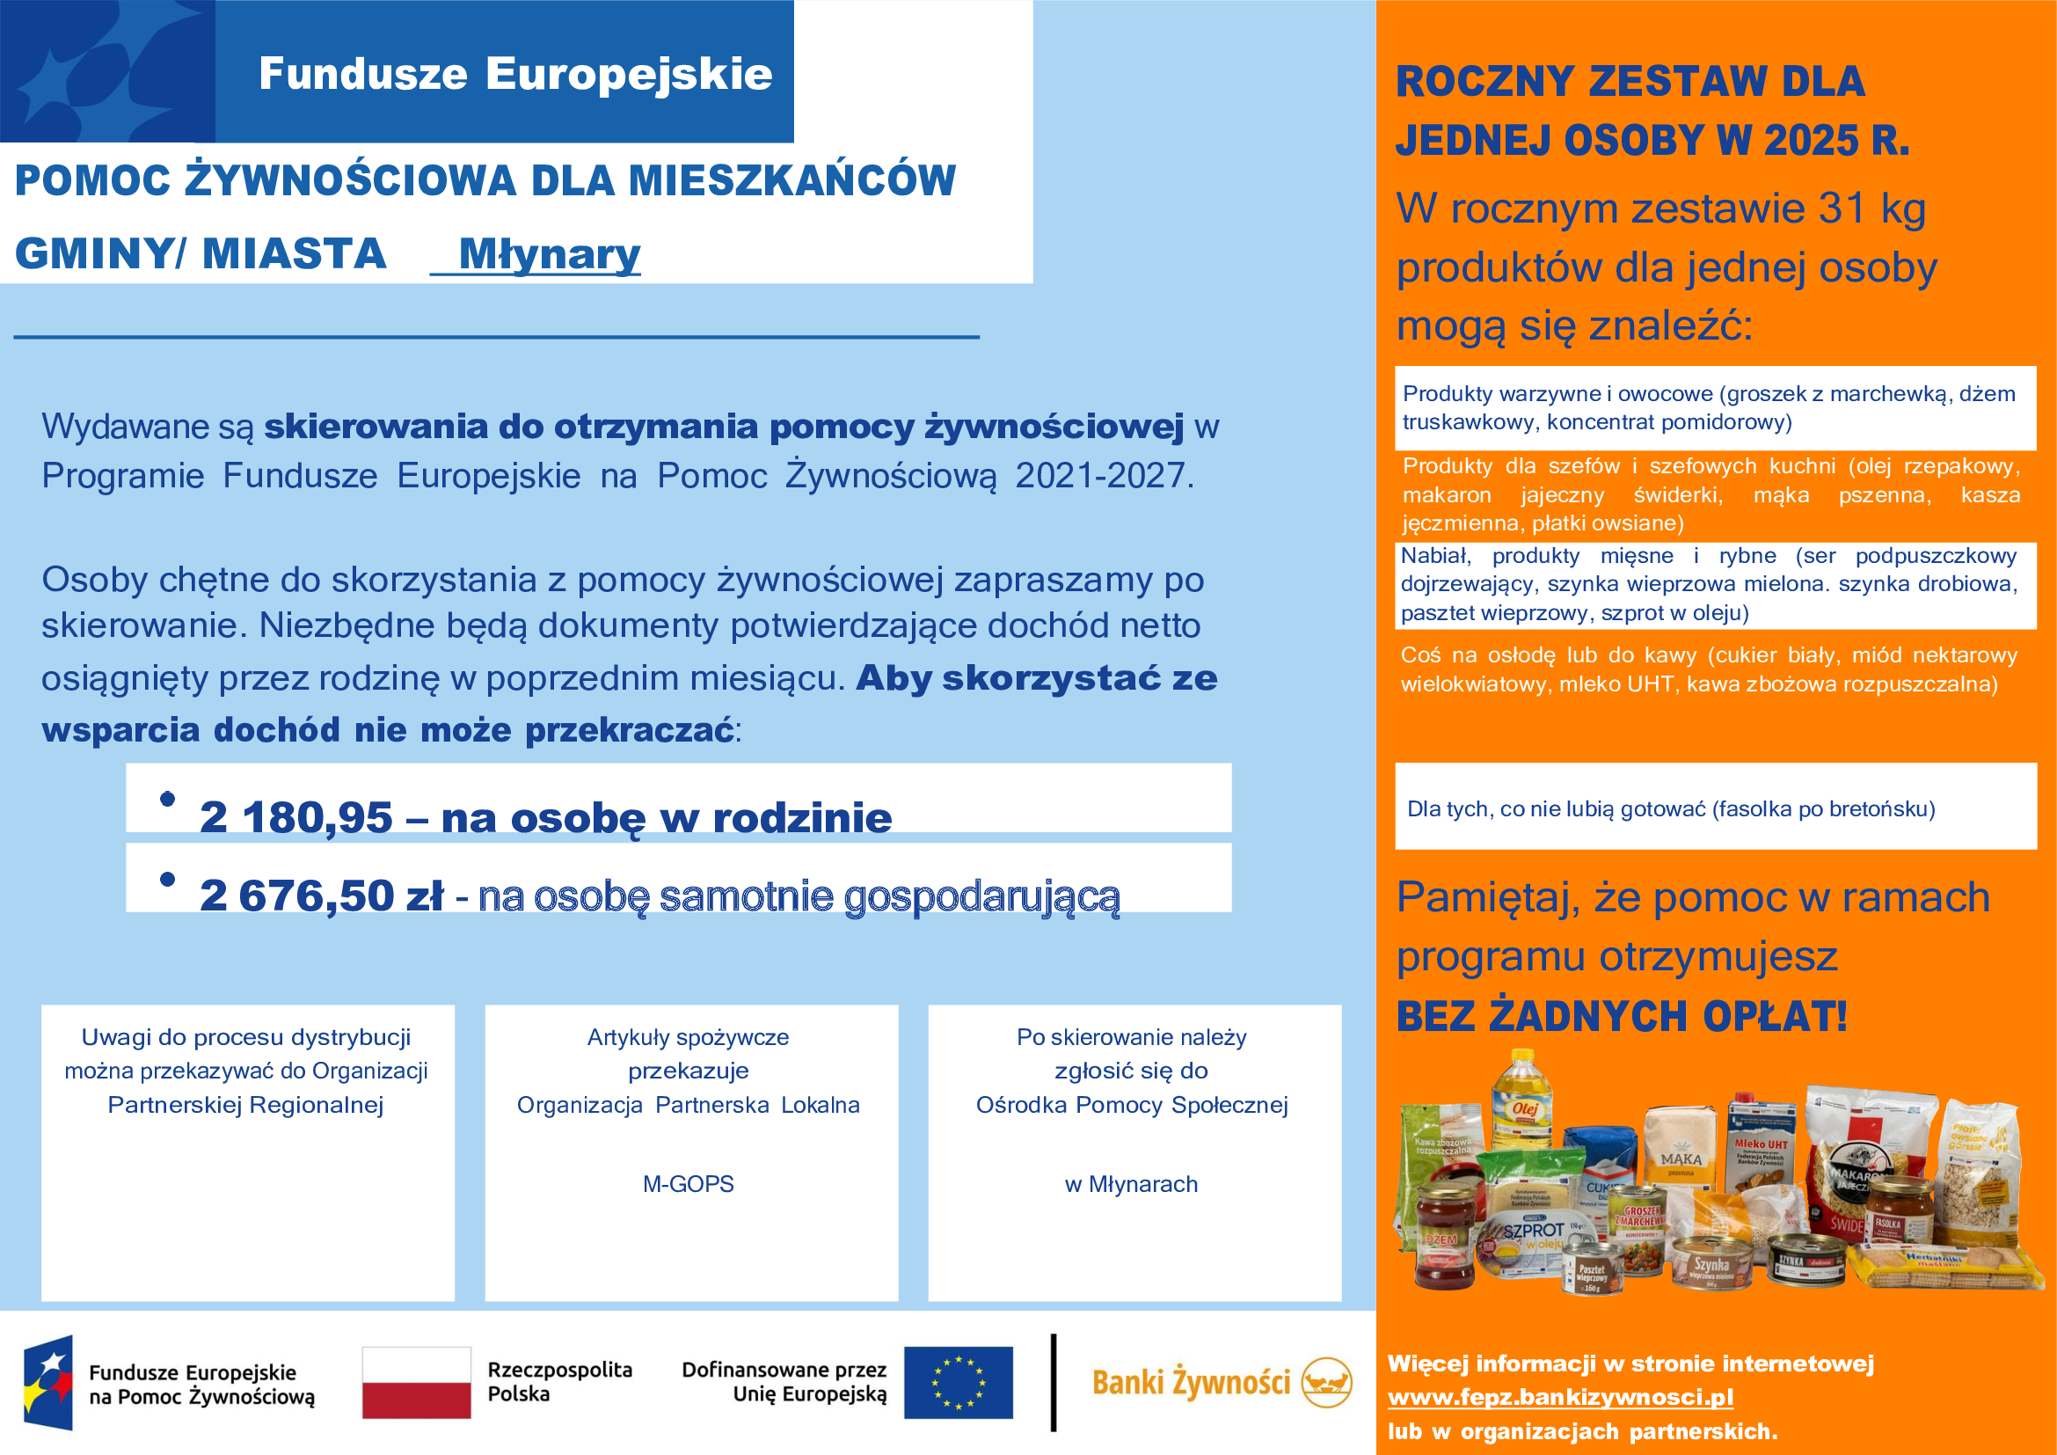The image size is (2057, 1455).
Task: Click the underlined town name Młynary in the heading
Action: pos(548,254)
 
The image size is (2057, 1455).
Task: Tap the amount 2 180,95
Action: pos(295,817)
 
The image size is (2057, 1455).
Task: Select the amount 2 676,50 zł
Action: pos(321,895)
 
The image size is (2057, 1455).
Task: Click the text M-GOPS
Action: pos(688,1183)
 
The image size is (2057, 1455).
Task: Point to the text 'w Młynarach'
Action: pos(1131,1183)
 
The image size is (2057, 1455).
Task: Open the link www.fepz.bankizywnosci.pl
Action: pos(1560,1397)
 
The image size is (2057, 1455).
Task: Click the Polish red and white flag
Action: pos(416,1383)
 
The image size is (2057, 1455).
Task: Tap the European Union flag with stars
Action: pos(958,1383)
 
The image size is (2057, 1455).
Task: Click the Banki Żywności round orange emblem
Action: pos(1326,1383)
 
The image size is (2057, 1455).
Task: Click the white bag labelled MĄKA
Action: pos(1681,1152)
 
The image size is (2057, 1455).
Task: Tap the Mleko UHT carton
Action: pos(1762,1143)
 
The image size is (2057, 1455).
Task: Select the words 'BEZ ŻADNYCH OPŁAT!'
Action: pos(1622,1016)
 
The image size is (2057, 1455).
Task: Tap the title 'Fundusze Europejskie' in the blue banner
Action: pos(515,74)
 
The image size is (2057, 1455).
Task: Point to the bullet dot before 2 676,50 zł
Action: pos(166,879)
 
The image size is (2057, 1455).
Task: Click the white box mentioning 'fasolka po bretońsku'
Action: pos(1715,808)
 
